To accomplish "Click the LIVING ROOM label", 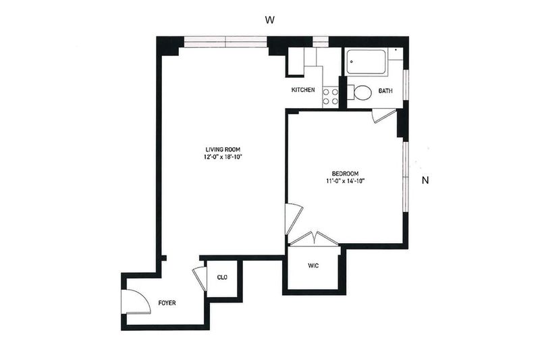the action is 223,149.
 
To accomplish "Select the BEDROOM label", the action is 345,174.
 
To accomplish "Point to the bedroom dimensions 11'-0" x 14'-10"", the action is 345,181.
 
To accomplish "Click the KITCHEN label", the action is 303,90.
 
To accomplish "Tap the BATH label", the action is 385,91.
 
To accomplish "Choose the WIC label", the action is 313,265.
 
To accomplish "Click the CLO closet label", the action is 222,278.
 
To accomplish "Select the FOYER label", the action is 167,303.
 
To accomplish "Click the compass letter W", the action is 269,20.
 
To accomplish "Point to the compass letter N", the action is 425,180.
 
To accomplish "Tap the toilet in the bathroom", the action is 360,93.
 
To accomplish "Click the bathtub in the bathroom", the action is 366,61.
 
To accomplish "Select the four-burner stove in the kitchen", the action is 331,97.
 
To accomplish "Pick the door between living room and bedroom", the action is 294,219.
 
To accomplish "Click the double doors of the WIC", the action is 314,238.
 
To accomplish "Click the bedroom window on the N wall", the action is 406,176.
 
